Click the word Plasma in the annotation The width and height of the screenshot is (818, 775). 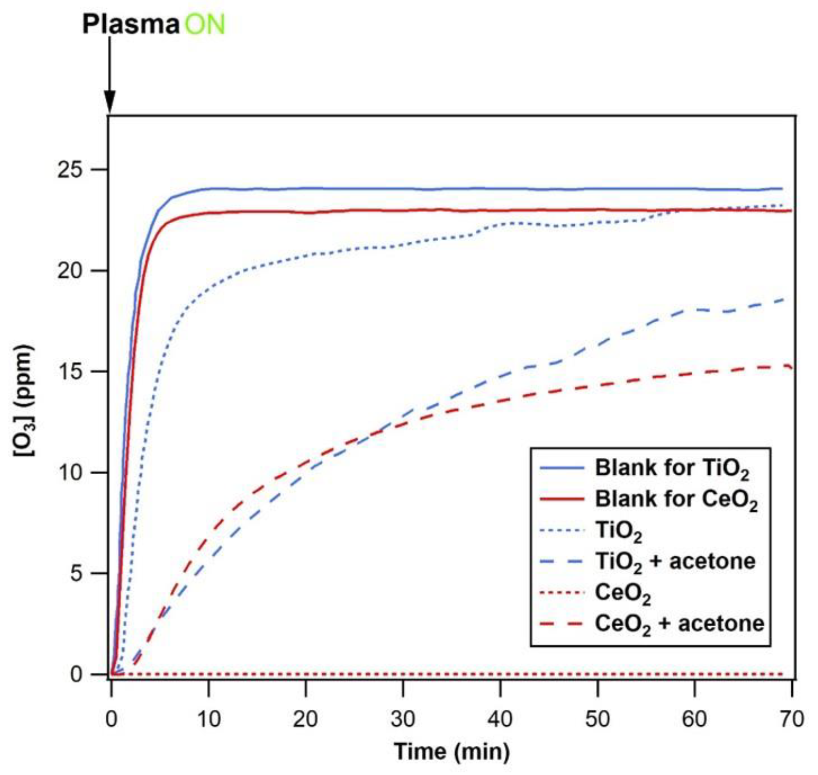[x=130, y=24]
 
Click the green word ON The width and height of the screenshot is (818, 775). [x=204, y=24]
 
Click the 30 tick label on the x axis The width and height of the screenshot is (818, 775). [x=403, y=720]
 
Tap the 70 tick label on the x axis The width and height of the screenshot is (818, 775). [x=791, y=720]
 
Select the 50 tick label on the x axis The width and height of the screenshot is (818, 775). [x=597, y=720]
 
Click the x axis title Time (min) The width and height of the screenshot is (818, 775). [x=452, y=752]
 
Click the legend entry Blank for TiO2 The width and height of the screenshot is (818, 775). [x=671, y=468]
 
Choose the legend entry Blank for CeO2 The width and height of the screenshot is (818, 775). [x=675, y=499]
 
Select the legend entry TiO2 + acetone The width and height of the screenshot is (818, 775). [x=674, y=561]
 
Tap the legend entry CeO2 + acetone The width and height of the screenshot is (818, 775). [x=678, y=624]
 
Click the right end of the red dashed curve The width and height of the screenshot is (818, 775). [x=791, y=367]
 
